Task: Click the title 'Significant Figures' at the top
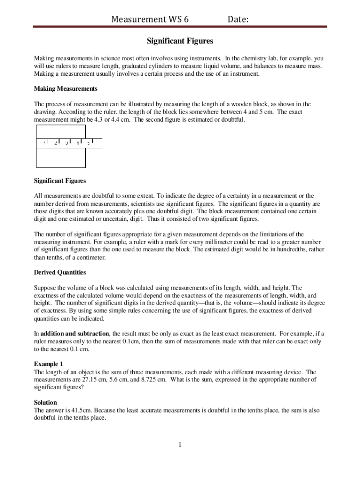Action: tap(180, 41)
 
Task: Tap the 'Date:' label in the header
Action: tap(238, 19)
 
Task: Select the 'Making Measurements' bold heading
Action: tap(65, 88)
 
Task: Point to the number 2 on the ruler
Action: tap(56, 143)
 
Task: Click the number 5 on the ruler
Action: tap(88, 143)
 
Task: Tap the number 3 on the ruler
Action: tap(67, 143)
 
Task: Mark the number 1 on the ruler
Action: tap(44, 143)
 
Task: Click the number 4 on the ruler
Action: tap(78, 143)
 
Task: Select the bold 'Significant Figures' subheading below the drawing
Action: tap(60, 181)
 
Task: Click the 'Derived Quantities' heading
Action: tap(60, 272)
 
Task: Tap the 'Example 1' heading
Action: tap(48, 363)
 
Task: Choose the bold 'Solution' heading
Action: tap(45, 402)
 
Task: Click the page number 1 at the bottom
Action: tap(180, 444)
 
